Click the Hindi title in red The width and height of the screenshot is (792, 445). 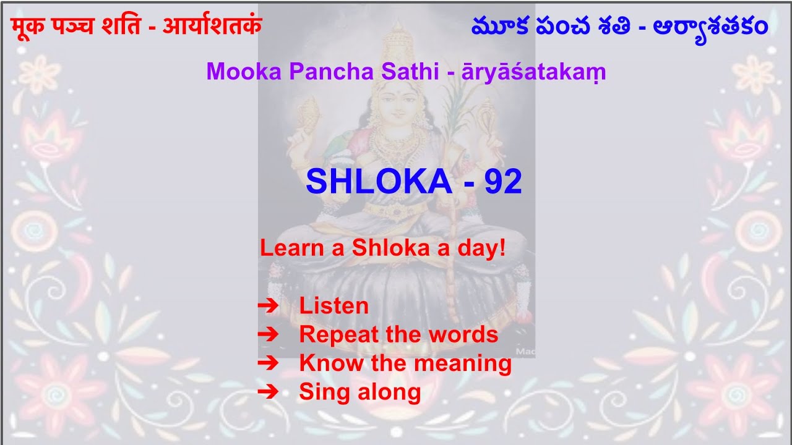137,27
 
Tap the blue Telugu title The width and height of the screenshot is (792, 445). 619,27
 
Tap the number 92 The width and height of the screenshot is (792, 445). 503,182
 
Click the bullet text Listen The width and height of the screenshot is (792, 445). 334,306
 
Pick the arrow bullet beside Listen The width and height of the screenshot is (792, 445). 268,305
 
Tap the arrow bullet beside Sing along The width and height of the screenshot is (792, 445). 268,392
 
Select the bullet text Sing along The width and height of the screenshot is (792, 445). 359,392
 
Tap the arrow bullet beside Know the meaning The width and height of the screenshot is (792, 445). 268,363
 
